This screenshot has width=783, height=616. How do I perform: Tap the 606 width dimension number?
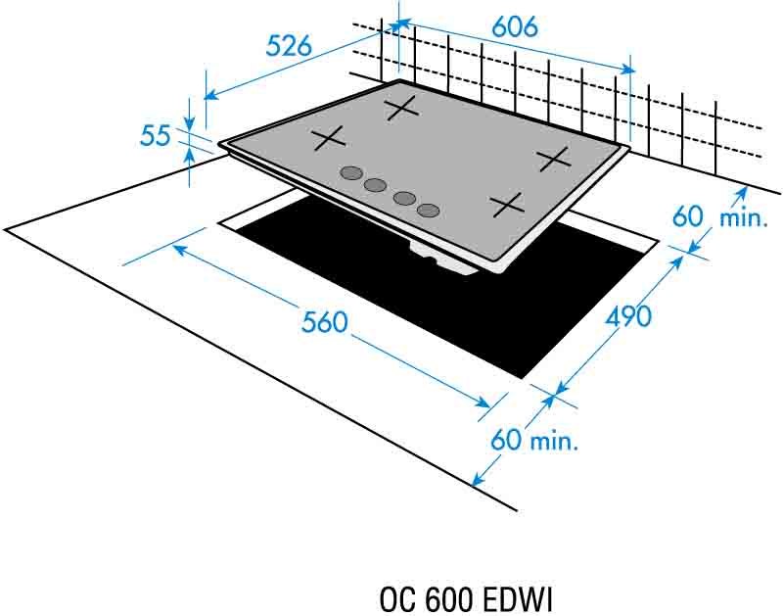tap(515, 28)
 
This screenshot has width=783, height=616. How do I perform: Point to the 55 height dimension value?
tap(156, 135)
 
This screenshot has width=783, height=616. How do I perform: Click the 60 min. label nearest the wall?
tap(719, 216)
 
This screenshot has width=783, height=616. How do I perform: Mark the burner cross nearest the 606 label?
tap(401, 108)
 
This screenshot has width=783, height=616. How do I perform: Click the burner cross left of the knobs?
tap(328, 139)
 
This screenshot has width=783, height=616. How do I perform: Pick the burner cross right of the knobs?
tap(508, 205)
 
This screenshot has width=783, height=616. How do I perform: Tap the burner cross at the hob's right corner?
tap(553, 157)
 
